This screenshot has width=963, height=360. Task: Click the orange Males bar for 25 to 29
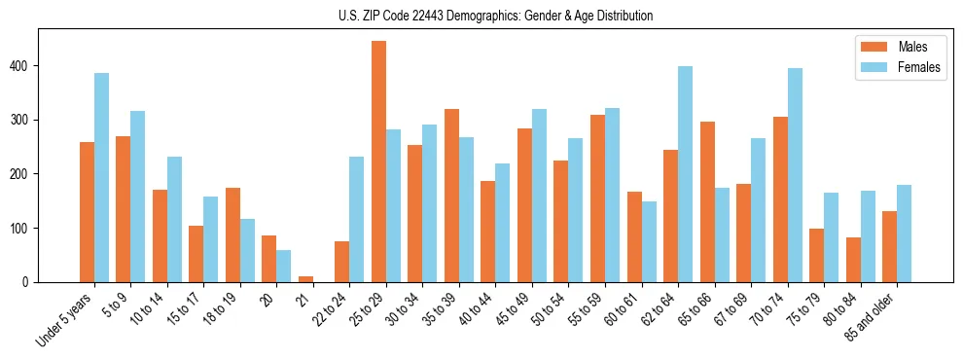378,162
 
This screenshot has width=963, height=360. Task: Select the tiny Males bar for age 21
305,279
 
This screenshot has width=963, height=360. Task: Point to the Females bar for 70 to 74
795,175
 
